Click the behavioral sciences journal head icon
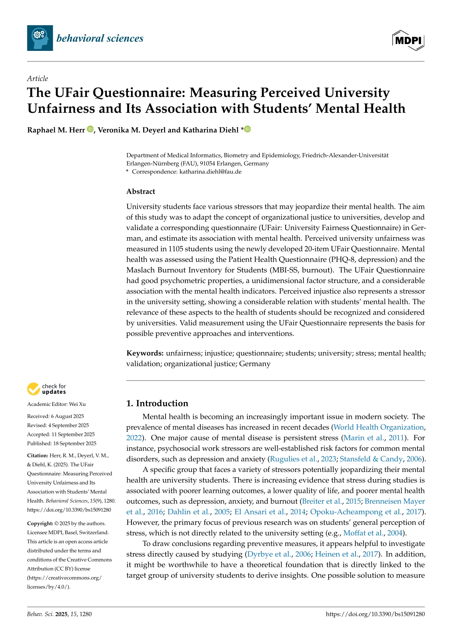(x=40, y=38)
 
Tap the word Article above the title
(x=38, y=79)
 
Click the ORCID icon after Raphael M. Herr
(x=90, y=129)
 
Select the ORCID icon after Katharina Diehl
(x=248, y=129)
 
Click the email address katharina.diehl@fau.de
(x=210, y=172)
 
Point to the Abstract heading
(x=141, y=191)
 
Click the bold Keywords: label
(x=145, y=353)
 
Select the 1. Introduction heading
(x=157, y=403)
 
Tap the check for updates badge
(x=46, y=389)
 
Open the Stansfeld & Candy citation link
(x=371, y=459)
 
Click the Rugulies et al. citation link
(x=293, y=459)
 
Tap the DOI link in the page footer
(x=375, y=614)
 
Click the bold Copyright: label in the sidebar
(x=40, y=524)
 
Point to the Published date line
(x=62, y=443)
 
